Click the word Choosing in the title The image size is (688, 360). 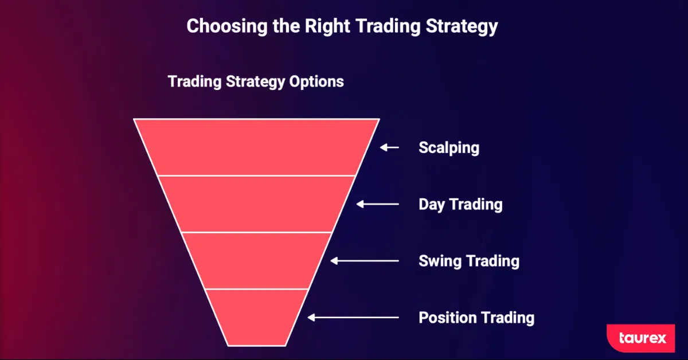coord(227,26)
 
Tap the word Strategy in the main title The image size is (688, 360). coord(462,27)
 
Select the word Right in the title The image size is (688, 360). coord(327,26)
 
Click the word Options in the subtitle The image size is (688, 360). coord(316,82)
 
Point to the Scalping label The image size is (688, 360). coord(449,148)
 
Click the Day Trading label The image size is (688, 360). coord(460,205)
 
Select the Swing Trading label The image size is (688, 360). coord(469,261)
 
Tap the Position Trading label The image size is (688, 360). coord(476,318)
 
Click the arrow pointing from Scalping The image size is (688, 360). coord(389,147)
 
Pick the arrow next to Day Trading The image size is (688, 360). coord(377,204)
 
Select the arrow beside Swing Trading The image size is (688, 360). coord(365,261)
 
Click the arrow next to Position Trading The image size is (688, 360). coord(353,318)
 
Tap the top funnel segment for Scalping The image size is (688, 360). coord(256,147)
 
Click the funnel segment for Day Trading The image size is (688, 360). coord(256,204)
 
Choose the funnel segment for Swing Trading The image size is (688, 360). coord(256,261)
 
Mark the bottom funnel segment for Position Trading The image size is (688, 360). coord(256,318)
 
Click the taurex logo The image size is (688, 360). coord(641,338)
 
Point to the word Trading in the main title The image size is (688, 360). coord(388,27)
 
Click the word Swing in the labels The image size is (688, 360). coord(440,261)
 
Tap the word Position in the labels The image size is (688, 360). coord(447,318)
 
